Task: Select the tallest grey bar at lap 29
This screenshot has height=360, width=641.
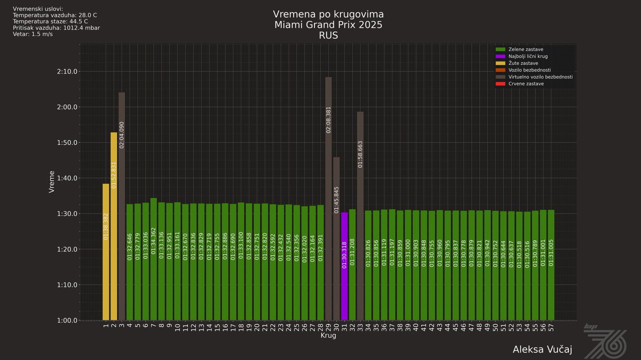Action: click(x=329, y=198)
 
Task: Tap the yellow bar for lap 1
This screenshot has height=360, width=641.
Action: click(x=106, y=252)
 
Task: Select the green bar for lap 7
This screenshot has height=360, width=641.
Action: click(x=154, y=259)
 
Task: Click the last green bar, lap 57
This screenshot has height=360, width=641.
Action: click(x=551, y=265)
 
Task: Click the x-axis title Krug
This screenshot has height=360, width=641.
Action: click(x=328, y=336)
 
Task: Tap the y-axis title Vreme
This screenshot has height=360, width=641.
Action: click(x=52, y=182)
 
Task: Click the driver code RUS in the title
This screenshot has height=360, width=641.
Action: click(x=328, y=36)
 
